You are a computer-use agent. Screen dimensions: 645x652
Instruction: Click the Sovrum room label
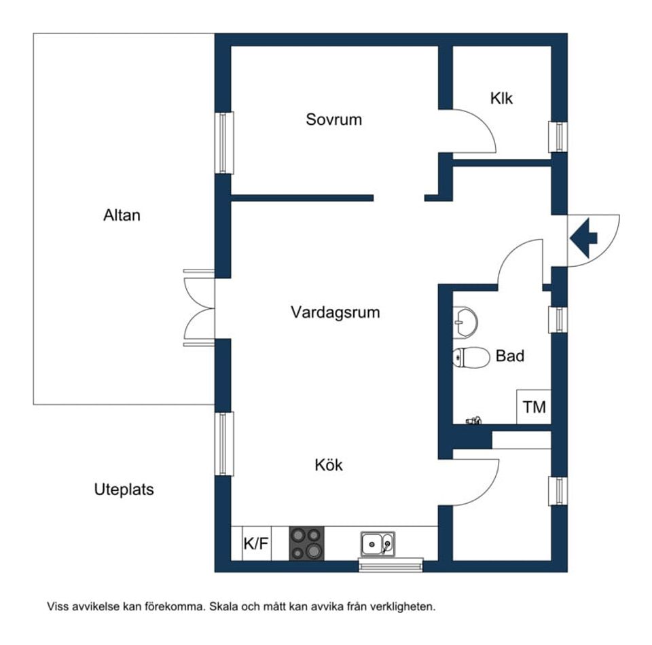pos(333,120)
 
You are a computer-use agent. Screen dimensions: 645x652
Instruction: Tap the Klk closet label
pos(501,98)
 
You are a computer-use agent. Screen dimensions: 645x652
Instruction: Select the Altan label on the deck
pos(122,216)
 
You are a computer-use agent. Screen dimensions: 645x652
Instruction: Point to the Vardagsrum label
pos(335,313)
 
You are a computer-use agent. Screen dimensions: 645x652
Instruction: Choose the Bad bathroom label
pos(509,356)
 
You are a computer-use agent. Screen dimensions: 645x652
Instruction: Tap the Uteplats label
pos(124,490)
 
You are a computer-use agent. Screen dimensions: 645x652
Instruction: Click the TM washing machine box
pos(534,408)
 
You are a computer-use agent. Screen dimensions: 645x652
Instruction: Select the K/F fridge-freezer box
pos(255,544)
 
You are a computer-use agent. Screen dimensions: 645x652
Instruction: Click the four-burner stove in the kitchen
pos(306,543)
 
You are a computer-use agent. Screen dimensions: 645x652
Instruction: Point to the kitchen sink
pos(377,544)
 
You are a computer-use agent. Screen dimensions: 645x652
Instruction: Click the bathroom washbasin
pos(465,320)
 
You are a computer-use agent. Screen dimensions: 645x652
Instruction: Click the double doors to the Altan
pos(199,308)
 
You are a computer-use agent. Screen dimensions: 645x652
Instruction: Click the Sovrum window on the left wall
pos(224,143)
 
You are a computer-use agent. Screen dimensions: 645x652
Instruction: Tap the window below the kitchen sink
pos(391,565)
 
